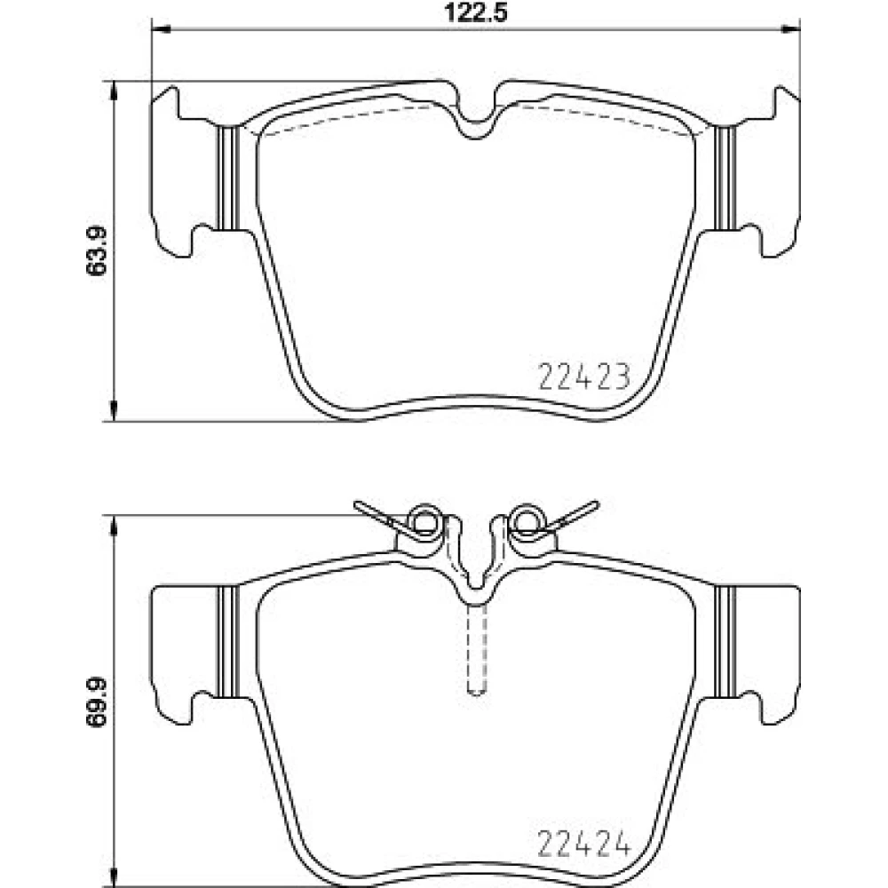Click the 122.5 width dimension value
(x=475, y=12)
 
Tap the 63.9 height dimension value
(x=96, y=251)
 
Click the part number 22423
(x=584, y=377)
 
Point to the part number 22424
(x=584, y=844)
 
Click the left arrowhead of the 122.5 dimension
(x=162, y=29)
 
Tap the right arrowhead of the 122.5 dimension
(x=790, y=29)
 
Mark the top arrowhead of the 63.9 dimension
(x=115, y=91)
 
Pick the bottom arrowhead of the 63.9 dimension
(x=115, y=411)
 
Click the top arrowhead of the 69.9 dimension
(x=115, y=526)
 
